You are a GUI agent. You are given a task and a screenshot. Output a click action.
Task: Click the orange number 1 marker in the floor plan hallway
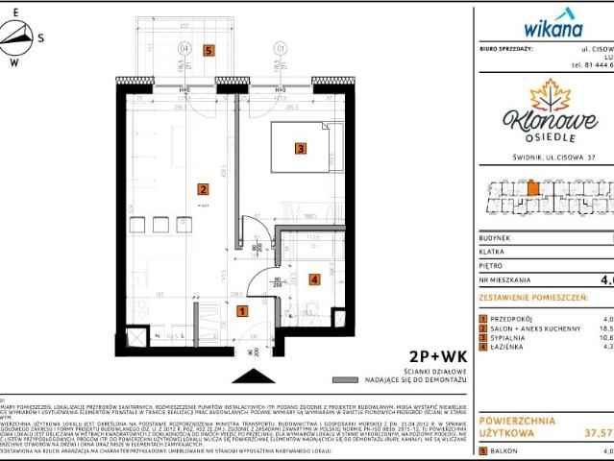click(242, 311)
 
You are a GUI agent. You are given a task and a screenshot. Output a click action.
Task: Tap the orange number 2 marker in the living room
click(203, 189)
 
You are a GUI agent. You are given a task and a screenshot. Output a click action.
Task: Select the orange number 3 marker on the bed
click(301, 149)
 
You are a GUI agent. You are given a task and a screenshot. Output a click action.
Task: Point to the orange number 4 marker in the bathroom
click(313, 279)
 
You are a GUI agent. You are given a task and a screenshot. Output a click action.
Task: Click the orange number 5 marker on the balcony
click(208, 49)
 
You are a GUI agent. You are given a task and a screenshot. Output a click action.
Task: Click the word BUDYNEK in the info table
click(498, 237)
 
